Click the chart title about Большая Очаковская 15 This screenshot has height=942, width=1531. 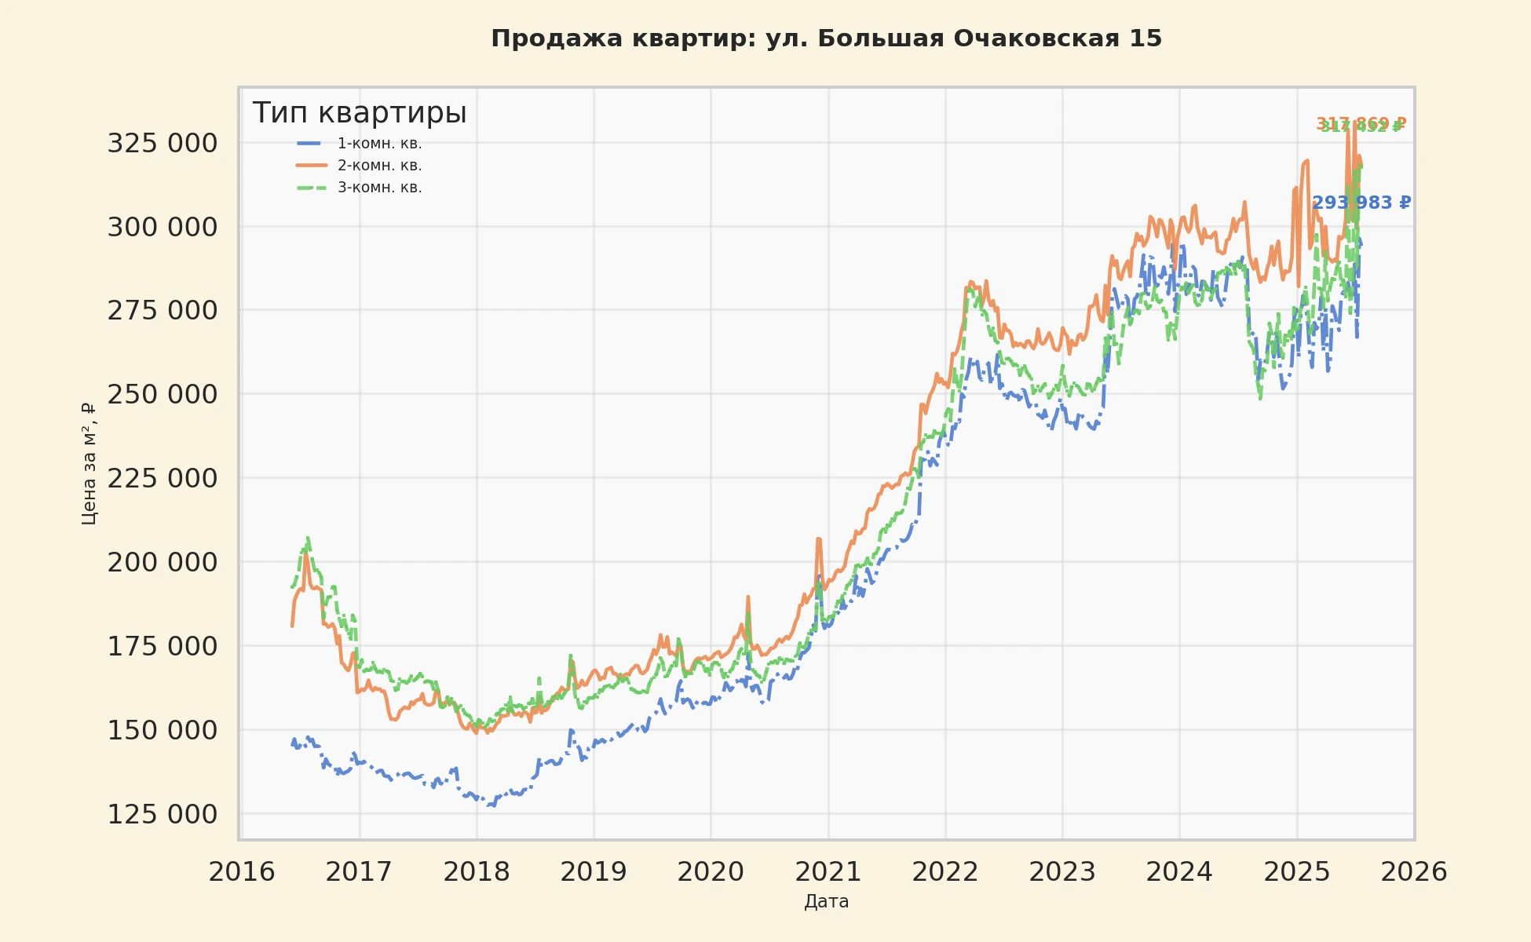coord(826,38)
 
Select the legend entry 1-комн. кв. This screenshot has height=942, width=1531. coord(379,144)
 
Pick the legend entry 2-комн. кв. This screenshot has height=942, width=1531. coord(379,166)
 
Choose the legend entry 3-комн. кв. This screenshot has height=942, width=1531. coord(379,188)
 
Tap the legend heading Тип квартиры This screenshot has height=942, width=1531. coord(360,113)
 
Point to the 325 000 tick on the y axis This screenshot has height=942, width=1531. coord(163,143)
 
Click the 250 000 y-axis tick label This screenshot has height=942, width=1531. coord(163,394)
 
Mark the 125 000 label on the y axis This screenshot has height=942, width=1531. coord(163,814)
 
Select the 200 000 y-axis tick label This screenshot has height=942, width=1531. coord(163,562)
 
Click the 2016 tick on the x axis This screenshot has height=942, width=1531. coord(242,871)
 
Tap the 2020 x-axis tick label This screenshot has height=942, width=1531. coord(711,871)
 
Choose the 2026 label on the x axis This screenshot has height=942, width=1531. coord(1414,871)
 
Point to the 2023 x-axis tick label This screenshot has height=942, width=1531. coord(1062,871)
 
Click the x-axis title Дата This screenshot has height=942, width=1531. coord(826,901)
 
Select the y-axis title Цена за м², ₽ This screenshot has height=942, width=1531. coord(89,463)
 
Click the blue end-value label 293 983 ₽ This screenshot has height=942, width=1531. coord(1361,203)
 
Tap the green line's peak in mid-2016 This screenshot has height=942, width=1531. coord(308,539)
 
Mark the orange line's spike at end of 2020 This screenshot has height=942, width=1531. coord(819,539)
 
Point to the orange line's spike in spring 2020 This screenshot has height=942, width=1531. coord(748,597)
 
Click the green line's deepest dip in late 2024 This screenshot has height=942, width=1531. coord(1260,398)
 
